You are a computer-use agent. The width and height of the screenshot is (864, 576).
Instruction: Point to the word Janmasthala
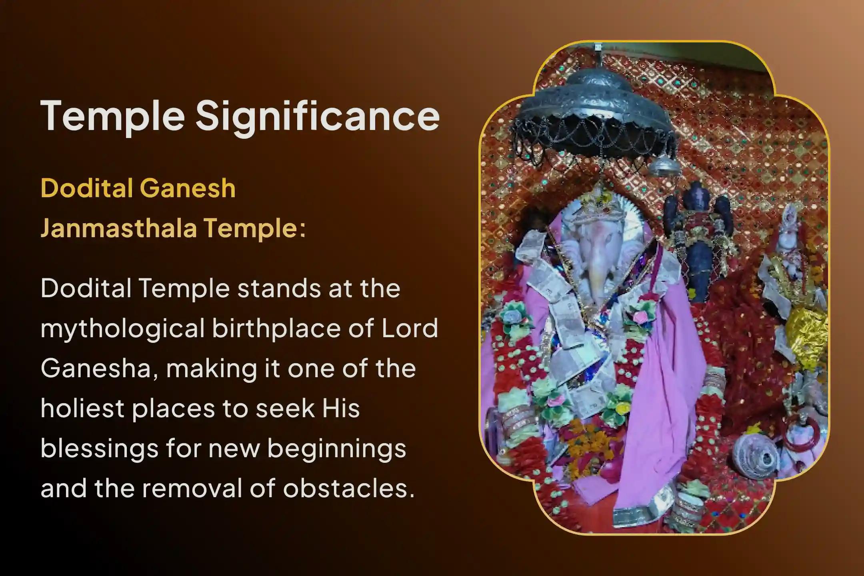pos(119,229)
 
